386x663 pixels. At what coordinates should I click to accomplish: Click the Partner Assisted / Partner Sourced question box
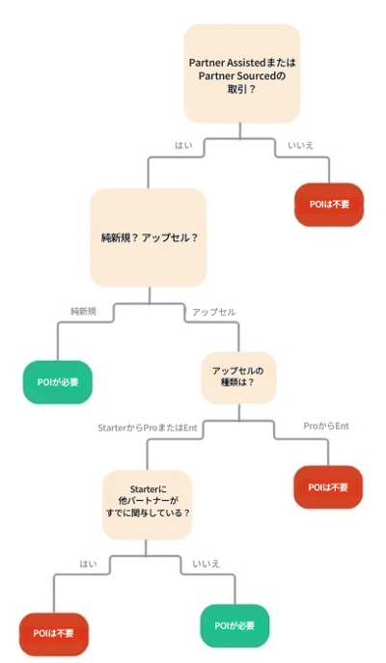pyautogui.click(x=242, y=73)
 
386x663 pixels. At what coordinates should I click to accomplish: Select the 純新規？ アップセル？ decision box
pyautogui.click(x=148, y=237)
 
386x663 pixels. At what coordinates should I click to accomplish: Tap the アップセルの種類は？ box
pyautogui.click(x=238, y=377)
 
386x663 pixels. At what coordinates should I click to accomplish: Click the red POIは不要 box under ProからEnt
pyautogui.click(x=328, y=487)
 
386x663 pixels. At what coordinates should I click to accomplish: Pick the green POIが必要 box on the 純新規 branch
pyautogui.click(x=58, y=382)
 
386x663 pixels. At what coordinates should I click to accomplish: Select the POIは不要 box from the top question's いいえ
pyautogui.click(x=329, y=205)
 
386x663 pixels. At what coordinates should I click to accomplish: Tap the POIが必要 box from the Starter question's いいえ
pyautogui.click(x=234, y=625)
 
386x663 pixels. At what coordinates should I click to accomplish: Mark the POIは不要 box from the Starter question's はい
pyautogui.click(x=54, y=634)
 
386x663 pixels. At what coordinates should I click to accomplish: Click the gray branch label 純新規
pyautogui.click(x=83, y=311)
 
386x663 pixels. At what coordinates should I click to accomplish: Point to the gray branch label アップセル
pyautogui.click(x=214, y=312)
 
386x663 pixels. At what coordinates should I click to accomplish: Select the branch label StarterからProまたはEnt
pyautogui.click(x=148, y=428)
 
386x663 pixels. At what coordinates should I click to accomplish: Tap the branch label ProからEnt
pyautogui.click(x=326, y=426)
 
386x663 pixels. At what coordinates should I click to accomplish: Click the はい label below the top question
pyautogui.click(x=183, y=145)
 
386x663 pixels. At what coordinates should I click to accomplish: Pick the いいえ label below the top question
pyautogui.click(x=301, y=145)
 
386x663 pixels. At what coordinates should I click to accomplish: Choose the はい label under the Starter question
pyautogui.click(x=88, y=564)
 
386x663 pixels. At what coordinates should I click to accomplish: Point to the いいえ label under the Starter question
pyautogui.click(x=207, y=564)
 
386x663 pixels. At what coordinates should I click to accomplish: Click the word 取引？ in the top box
pyautogui.click(x=242, y=89)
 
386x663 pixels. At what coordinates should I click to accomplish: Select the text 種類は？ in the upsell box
pyautogui.click(x=238, y=383)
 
